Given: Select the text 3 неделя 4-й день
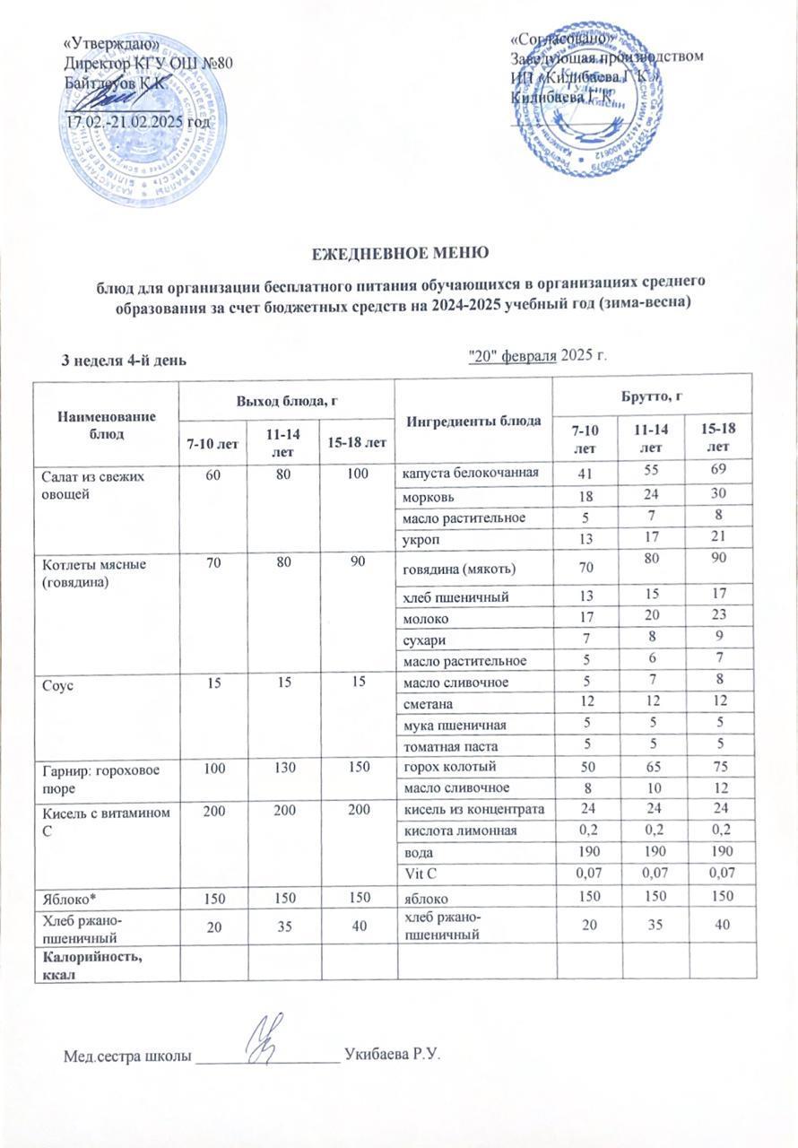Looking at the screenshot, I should [x=123, y=361].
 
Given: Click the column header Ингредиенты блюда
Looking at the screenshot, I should [x=473, y=420].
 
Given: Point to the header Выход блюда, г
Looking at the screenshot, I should [x=286, y=398].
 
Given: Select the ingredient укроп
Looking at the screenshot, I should [x=422, y=539].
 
